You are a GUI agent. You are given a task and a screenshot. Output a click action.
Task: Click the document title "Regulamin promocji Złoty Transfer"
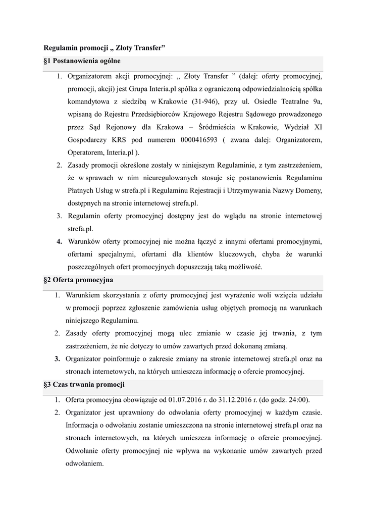click(105, 48)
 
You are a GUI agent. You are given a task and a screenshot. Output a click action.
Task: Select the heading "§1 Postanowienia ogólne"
click(82, 62)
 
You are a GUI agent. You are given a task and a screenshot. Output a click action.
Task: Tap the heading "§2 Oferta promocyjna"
click(78, 279)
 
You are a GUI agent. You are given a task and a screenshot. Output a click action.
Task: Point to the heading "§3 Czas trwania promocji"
click(84, 384)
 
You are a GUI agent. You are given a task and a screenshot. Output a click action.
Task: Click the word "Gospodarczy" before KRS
click(88, 139)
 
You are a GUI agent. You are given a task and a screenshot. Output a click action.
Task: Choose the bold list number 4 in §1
click(59, 241)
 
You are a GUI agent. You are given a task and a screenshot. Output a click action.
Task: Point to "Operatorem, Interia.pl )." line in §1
click(103, 151)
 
